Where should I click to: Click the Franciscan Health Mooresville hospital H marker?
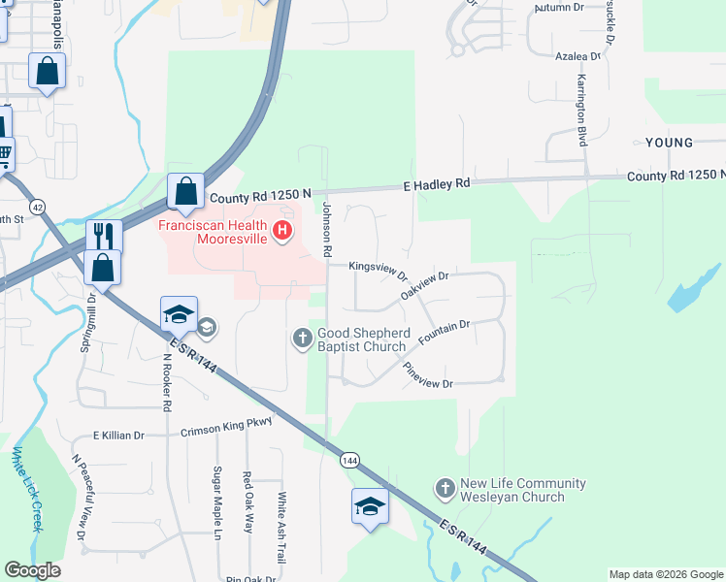pos(282,230)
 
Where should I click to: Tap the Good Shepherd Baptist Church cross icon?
pos(302,338)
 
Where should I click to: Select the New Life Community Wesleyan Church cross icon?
pos(445,489)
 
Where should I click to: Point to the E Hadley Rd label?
pos(437,183)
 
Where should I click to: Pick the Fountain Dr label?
pos(444,333)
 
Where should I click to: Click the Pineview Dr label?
pos(428,376)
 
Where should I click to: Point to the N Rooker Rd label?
pos(167,382)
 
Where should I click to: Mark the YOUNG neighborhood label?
pos(670,143)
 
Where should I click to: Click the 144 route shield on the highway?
pos(348,460)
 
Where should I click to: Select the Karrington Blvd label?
pos(583,110)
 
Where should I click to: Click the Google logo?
pos(32,570)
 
